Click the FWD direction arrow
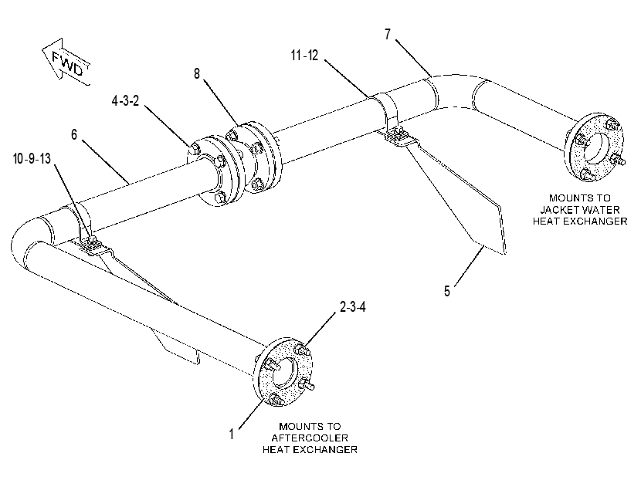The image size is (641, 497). (x=66, y=63)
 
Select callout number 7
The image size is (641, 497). (x=388, y=34)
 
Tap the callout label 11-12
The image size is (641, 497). (x=304, y=55)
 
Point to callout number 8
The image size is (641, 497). (x=197, y=74)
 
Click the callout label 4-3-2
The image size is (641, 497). (x=125, y=100)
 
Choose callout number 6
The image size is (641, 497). (x=74, y=134)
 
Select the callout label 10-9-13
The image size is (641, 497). (x=32, y=158)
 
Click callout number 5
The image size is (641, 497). (x=447, y=291)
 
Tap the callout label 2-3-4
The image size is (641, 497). (x=353, y=306)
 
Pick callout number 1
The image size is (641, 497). (x=232, y=434)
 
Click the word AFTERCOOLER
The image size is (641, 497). (x=310, y=438)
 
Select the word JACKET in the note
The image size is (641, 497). (x=557, y=210)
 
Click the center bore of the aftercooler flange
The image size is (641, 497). (x=283, y=373)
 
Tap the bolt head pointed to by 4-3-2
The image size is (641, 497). (x=195, y=148)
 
